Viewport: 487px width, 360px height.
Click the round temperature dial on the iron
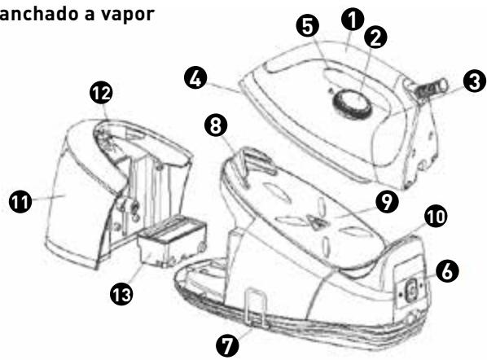pos(351,103)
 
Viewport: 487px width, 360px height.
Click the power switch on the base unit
pos(411,287)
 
